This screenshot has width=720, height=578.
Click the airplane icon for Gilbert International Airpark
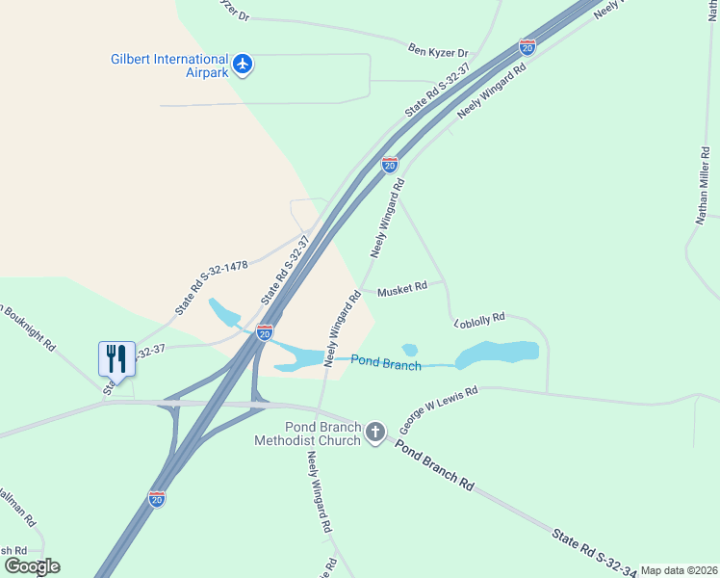(x=243, y=65)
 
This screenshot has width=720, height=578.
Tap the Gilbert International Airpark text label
(x=168, y=66)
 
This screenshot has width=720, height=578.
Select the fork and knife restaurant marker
(x=115, y=358)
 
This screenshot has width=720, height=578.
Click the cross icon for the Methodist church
(x=375, y=433)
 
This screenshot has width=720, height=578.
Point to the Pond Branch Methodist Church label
(x=308, y=433)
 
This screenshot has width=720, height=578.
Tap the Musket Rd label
(x=401, y=289)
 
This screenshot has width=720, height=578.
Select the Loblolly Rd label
(x=478, y=317)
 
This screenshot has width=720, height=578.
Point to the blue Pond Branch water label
(x=386, y=362)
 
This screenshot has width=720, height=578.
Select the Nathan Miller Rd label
(x=703, y=186)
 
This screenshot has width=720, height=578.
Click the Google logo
(x=32, y=566)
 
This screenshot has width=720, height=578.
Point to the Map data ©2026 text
(x=679, y=570)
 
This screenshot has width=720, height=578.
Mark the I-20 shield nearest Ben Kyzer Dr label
(x=527, y=46)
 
